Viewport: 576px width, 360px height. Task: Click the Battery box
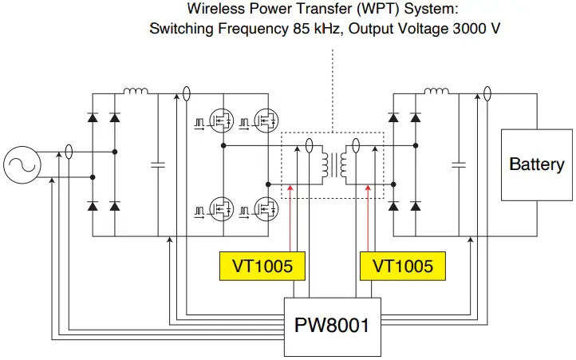(x=536, y=164)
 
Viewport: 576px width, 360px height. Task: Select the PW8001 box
(x=333, y=325)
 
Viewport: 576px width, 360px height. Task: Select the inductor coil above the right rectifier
(x=436, y=92)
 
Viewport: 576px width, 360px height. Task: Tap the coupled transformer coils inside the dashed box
(x=332, y=164)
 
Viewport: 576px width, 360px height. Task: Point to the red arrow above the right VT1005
(x=366, y=216)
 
